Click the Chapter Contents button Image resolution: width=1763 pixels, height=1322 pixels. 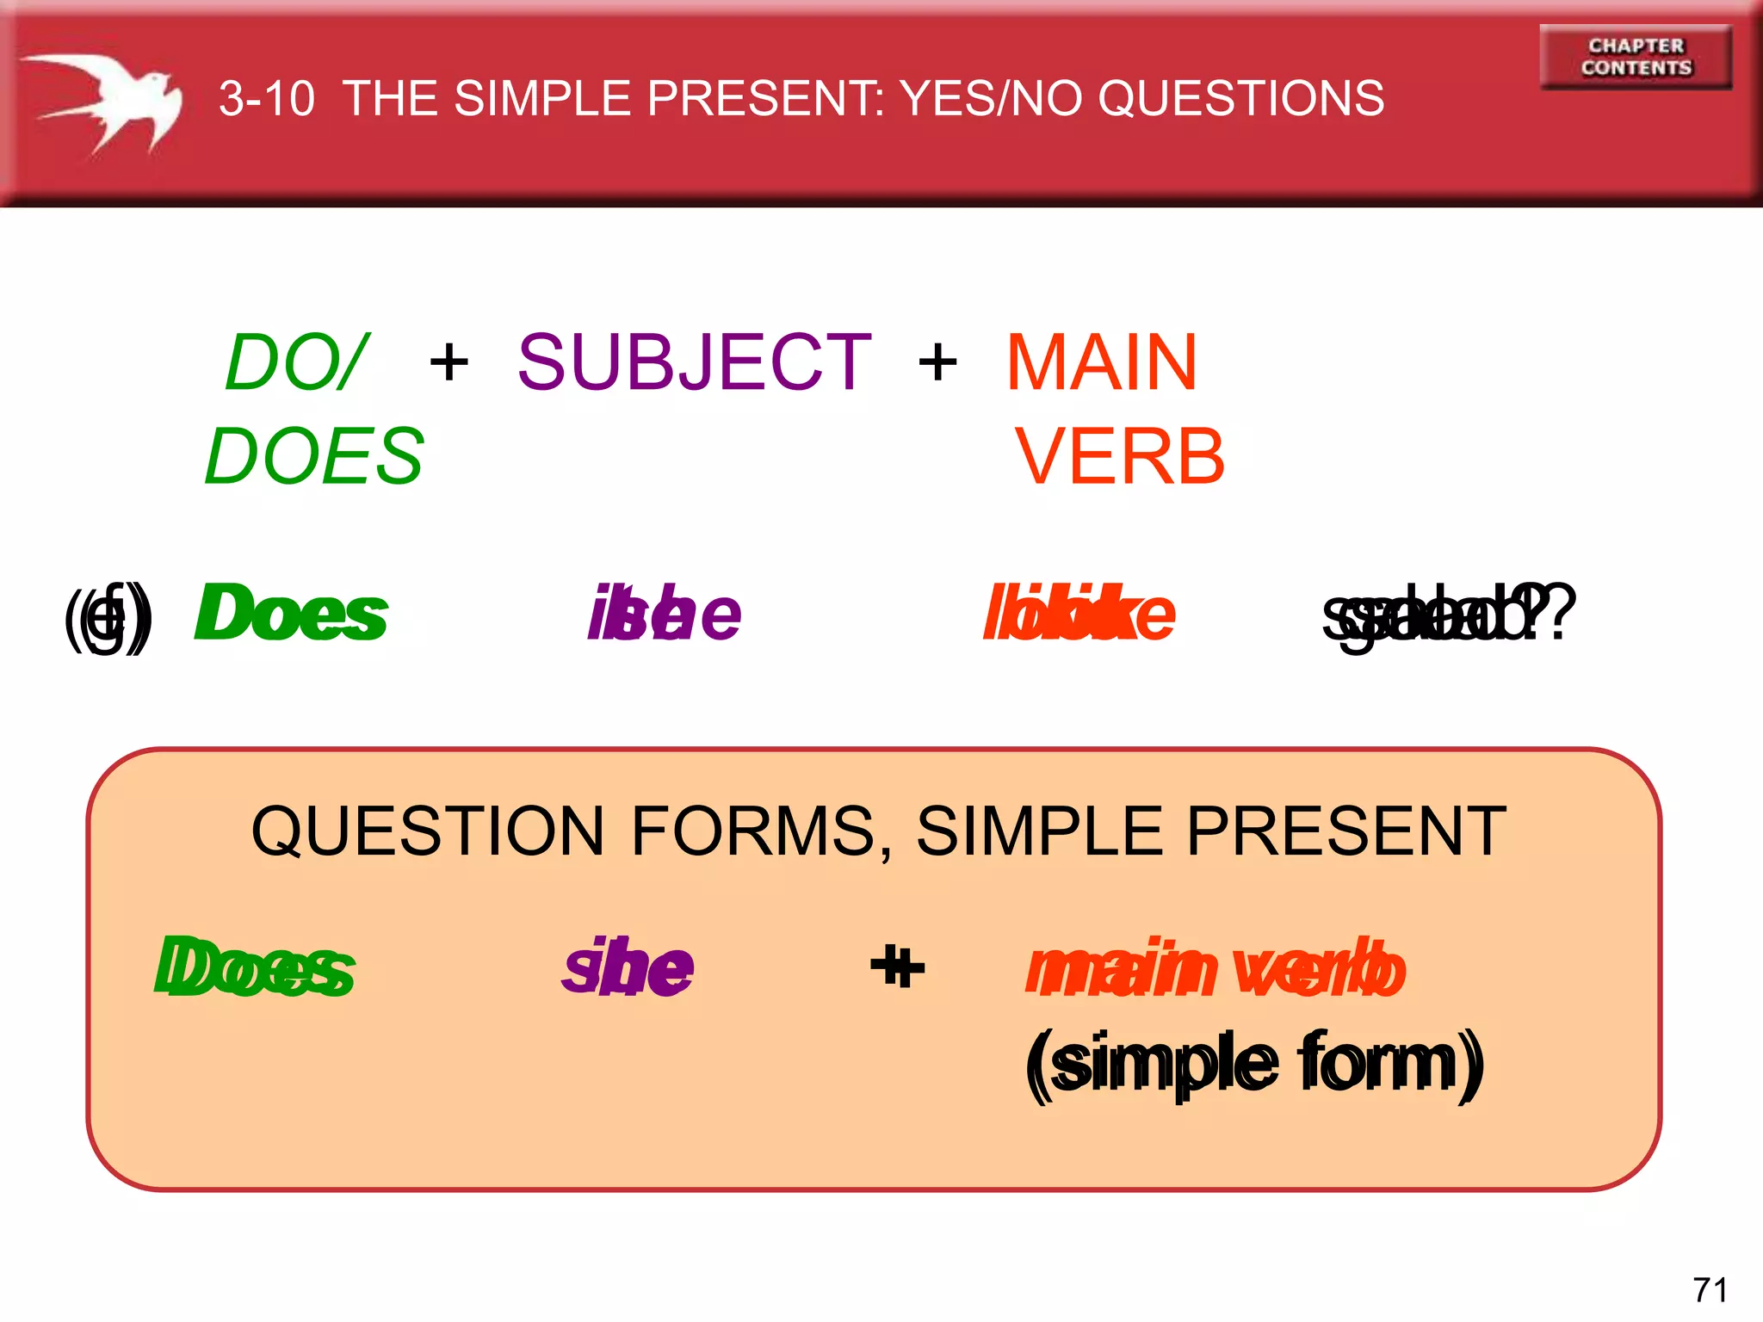pos(1635,57)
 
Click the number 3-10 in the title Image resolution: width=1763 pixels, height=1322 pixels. pos(267,98)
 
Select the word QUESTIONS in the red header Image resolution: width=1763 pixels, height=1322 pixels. pos(1240,98)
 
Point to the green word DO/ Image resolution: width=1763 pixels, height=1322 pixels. pos(297,362)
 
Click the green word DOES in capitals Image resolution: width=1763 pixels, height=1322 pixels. pos(315,456)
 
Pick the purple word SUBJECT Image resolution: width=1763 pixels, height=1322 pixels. pos(694,362)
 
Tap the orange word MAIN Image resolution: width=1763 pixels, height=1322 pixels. pos(1101,362)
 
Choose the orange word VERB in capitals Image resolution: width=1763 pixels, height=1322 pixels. pos(1119,456)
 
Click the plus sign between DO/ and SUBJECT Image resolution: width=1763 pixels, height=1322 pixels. pos(448,362)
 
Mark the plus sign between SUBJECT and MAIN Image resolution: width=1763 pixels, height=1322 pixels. pos(937,362)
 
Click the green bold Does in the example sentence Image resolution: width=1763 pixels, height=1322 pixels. pos(291,613)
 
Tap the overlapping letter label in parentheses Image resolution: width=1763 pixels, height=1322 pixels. pos(108,615)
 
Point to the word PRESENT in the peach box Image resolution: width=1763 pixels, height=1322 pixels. pos(1346,831)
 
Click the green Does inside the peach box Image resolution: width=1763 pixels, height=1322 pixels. pos(255,967)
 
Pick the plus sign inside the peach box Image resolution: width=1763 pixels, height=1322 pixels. pos(897,967)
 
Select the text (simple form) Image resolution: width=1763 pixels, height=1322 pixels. pos(1254,1064)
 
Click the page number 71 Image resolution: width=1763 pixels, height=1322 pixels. pos(1710,1290)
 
